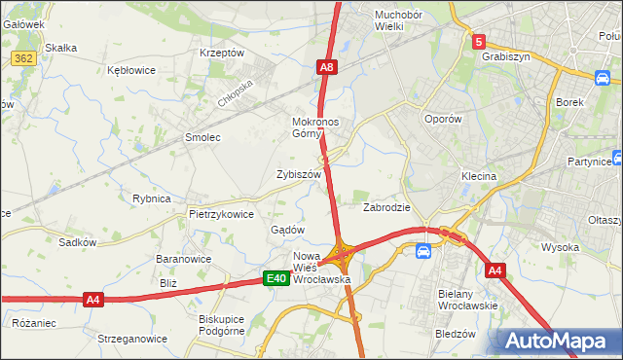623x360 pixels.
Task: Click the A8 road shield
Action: tap(327, 67)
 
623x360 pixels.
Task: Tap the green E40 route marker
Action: tap(276, 279)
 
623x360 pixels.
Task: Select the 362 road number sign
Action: tap(25, 59)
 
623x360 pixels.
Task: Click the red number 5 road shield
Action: tap(479, 42)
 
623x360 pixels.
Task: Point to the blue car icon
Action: tap(423, 252)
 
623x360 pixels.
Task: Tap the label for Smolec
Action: tap(203, 137)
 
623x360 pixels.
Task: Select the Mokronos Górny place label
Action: tap(313, 128)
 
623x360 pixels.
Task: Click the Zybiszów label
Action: tap(299, 174)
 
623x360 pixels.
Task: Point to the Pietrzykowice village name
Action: tap(221, 214)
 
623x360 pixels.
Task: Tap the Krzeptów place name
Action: tap(221, 53)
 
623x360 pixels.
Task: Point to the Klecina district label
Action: tap(479, 177)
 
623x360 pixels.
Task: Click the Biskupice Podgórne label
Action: tap(226, 325)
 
